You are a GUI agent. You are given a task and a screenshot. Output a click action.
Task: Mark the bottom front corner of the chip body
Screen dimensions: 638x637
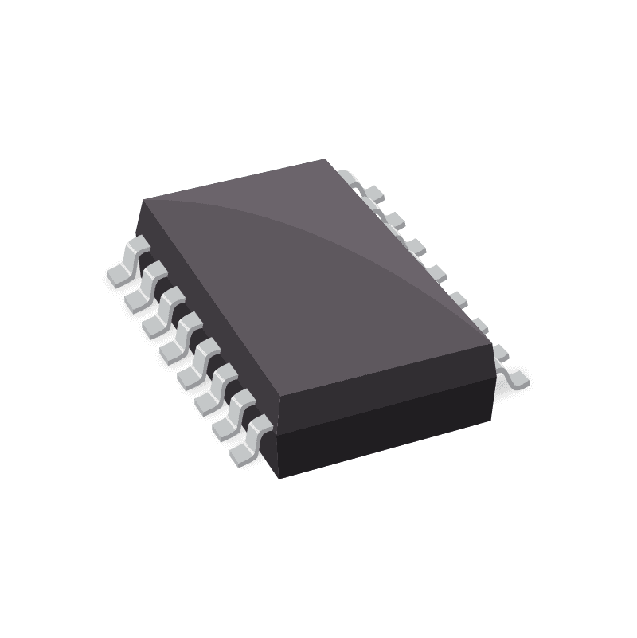click(279, 478)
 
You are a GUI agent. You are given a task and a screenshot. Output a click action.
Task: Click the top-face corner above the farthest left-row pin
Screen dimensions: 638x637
click(143, 200)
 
